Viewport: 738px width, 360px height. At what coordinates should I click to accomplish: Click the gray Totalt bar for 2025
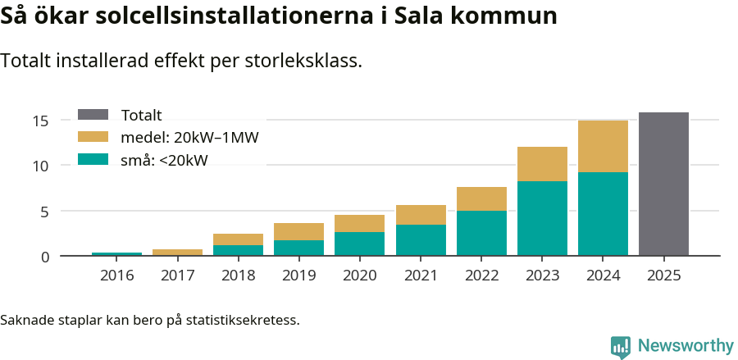[663, 184]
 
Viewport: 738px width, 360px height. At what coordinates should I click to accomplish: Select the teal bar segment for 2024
[603, 213]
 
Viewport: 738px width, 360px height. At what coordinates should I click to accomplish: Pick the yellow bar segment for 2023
[542, 164]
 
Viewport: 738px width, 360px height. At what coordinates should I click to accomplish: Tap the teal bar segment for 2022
[481, 233]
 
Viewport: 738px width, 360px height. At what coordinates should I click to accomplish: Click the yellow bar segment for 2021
[421, 215]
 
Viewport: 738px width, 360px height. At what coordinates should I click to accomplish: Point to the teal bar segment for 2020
[359, 244]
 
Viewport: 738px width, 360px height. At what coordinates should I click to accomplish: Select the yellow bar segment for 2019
[298, 231]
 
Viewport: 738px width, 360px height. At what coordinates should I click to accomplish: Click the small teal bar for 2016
[116, 254]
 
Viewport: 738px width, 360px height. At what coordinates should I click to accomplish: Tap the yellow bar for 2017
[177, 253]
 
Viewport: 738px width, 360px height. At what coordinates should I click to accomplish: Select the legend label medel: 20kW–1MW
[189, 138]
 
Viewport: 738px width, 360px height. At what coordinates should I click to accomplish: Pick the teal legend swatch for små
[93, 160]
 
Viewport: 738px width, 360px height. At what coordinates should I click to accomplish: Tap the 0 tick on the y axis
[45, 257]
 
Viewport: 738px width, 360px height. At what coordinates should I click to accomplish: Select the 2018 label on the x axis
[238, 276]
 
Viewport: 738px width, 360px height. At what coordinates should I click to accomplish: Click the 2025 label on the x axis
[663, 276]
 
